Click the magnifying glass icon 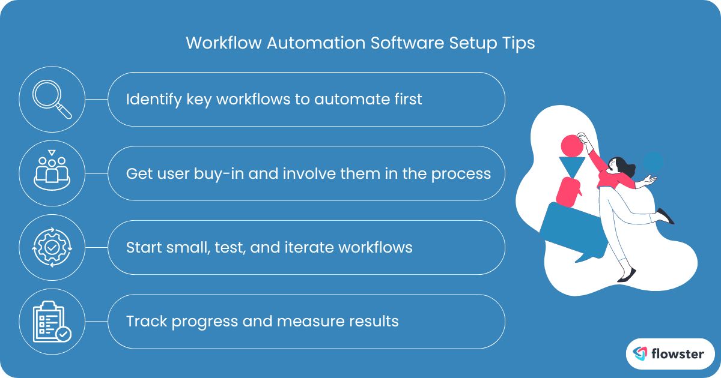[x=52, y=99]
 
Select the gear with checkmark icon [x=52, y=247]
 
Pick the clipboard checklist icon [x=52, y=321]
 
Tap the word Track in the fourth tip [x=147, y=321]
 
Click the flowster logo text [x=677, y=354]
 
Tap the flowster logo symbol [x=640, y=354]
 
